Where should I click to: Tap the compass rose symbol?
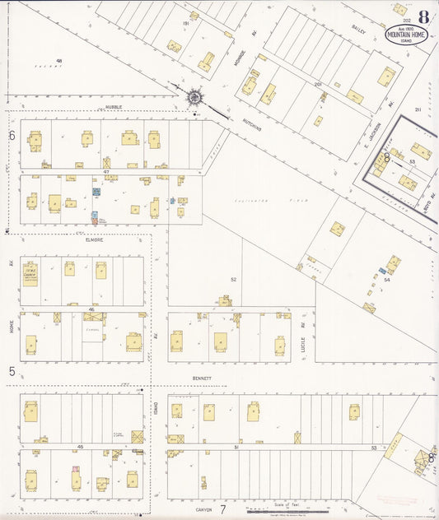tap(194, 96)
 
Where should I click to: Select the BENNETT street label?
tap(202, 379)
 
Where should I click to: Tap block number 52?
tap(233, 280)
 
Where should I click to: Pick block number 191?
tap(186, 24)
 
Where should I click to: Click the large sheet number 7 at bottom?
tap(222, 509)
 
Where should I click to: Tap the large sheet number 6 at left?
tap(12, 135)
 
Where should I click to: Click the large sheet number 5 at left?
tap(12, 372)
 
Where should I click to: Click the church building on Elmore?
tap(30, 274)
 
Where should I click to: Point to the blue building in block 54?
tap(382, 270)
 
